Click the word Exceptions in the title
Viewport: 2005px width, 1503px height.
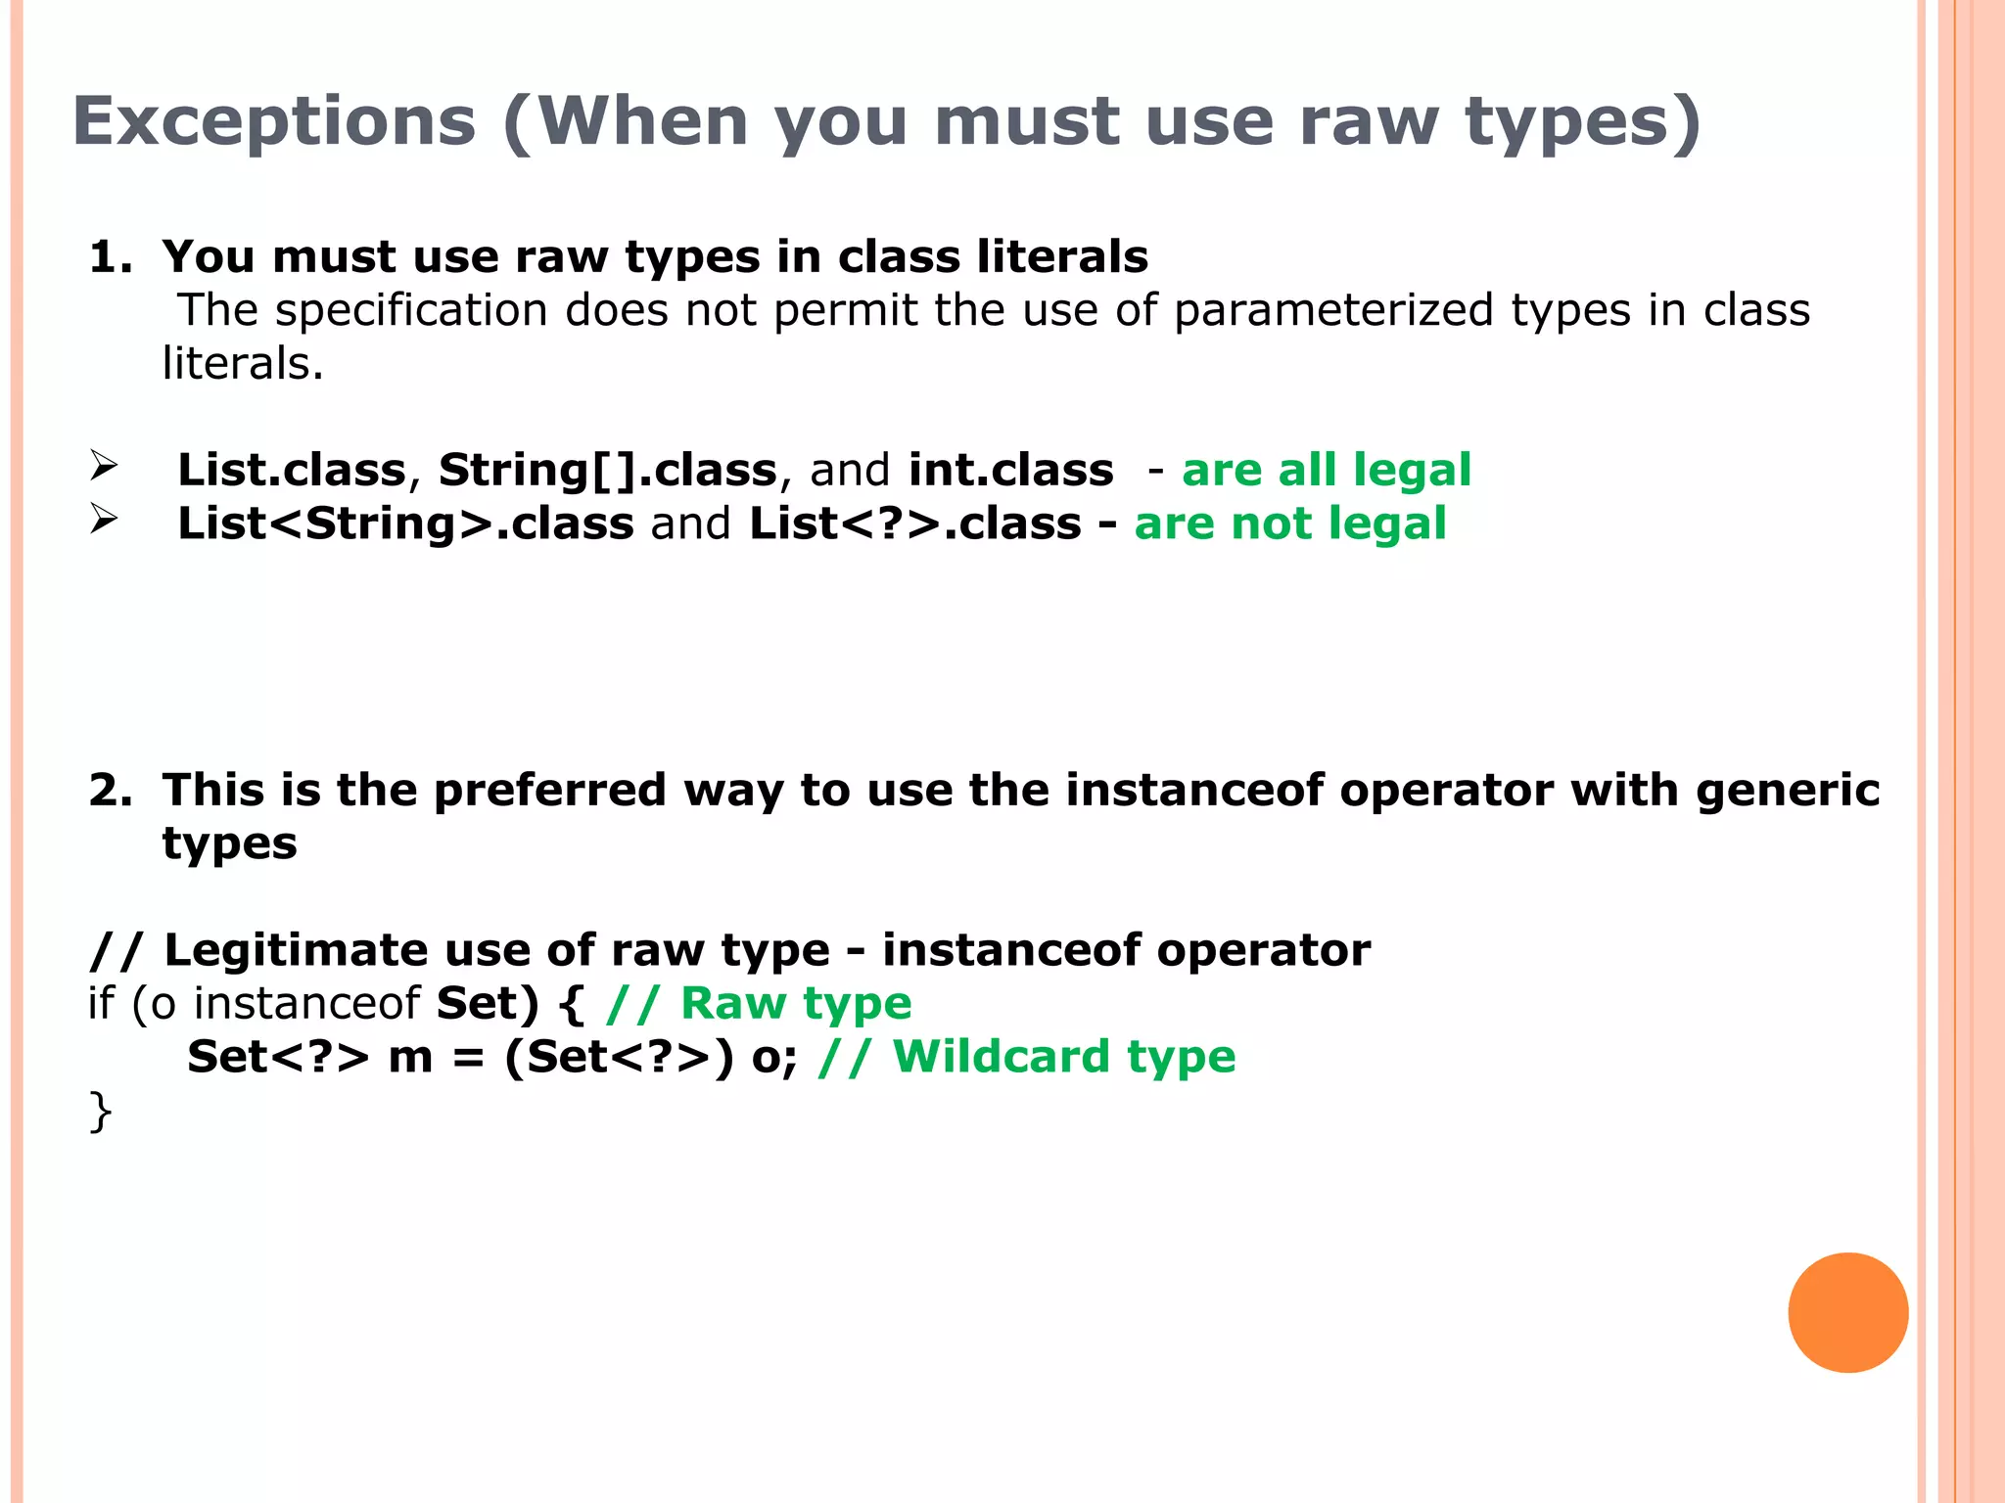[274, 122]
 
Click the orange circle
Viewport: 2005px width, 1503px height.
[1847, 1312]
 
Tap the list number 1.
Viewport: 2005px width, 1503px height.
[109, 257]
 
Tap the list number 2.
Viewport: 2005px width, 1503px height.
[109, 791]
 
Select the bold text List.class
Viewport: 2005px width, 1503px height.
[291, 470]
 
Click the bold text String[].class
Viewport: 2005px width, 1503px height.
[607, 470]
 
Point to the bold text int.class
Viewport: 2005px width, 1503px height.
[1010, 470]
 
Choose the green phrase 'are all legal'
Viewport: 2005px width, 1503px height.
[1327, 470]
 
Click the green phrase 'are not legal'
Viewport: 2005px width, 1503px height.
[1290, 524]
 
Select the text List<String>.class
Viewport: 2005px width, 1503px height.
[405, 524]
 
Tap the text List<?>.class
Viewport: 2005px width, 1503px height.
[914, 524]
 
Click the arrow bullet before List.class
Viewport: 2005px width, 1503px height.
[104, 466]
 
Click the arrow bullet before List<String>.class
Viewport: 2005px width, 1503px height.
[104, 519]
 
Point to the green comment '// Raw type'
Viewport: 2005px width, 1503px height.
[759, 1004]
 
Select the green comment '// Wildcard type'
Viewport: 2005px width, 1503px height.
[1026, 1057]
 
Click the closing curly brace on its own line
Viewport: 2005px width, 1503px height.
[100, 1112]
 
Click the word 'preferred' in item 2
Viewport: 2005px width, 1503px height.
[549, 791]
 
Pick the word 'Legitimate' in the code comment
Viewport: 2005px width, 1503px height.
[296, 950]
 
